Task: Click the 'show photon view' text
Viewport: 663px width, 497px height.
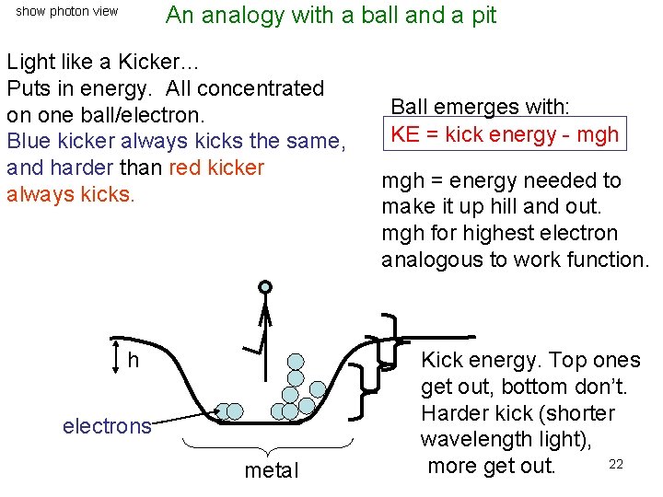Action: click(67, 12)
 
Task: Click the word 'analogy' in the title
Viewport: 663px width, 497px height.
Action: click(241, 15)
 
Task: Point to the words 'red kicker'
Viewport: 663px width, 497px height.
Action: click(217, 168)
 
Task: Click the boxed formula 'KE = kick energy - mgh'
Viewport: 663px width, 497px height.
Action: click(505, 134)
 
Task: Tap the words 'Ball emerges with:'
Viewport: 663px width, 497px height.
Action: click(481, 107)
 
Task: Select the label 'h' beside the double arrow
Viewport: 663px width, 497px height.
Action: click(134, 360)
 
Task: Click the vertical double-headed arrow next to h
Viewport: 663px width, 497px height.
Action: click(114, 357)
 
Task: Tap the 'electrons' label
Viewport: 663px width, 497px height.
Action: click(107, 426)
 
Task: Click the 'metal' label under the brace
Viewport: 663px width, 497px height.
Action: click(272, 470)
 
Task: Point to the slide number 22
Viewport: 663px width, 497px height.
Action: click(616, 464)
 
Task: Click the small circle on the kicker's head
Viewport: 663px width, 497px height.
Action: click(265, 287)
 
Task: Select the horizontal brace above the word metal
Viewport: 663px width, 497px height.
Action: click(266, 447)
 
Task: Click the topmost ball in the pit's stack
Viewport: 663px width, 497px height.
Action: click(296, 361)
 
